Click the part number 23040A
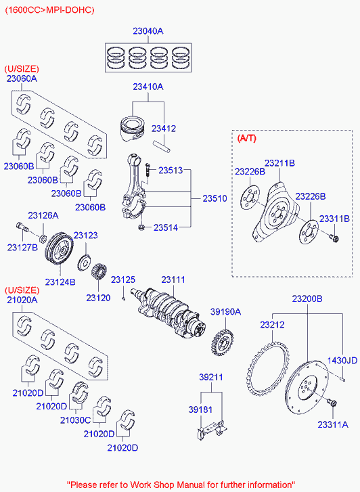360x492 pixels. click(148, 31)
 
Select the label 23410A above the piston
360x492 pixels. click(148, 87)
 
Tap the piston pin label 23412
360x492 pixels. click(163, 128)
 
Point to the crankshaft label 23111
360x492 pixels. click(173, 279)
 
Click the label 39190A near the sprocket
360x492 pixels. click(225, 312)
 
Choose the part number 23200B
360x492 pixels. click(307, 298)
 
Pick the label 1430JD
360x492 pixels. click(342, 360)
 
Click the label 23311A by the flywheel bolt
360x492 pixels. click(332, 424)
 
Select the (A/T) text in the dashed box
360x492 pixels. click(247, 138)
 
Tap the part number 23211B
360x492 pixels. click(279, 163)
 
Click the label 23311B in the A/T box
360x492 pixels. click(335, 219)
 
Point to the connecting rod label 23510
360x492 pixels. click(215, 198)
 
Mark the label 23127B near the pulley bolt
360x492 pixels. click(22, 247)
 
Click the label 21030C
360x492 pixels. click(75, 420)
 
